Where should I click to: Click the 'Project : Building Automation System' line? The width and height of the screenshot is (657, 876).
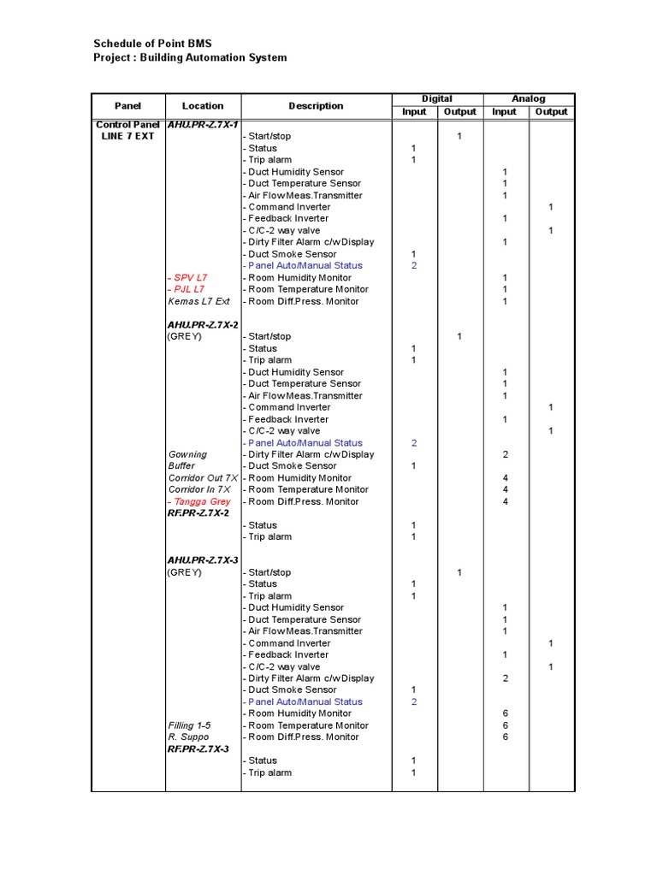coord(190,57)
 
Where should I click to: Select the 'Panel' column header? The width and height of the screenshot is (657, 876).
coord(127,106)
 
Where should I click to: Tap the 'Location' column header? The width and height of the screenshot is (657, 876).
coord(203,106)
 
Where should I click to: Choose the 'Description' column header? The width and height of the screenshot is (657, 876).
coord(316,106)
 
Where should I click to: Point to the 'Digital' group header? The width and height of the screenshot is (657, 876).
coord(437,99)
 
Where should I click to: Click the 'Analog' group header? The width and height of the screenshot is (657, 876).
coord(530,99)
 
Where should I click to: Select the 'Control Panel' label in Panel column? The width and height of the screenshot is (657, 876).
coord(127,125)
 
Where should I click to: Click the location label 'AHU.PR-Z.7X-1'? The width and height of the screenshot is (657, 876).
coord(203,125)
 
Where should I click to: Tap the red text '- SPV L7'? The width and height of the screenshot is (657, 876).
coord(187,278)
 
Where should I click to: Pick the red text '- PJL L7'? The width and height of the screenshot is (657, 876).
coord(186,289)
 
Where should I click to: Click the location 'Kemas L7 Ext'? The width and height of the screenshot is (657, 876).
coord(198,301)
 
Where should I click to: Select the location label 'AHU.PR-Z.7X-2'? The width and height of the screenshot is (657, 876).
coord(203,325)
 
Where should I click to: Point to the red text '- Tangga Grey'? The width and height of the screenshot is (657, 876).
coord(199,502)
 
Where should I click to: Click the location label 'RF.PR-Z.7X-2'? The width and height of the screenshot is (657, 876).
coord(198,513)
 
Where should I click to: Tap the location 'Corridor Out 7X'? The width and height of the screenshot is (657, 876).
coord(203,478)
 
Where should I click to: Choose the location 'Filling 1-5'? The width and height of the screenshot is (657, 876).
coord(189,725)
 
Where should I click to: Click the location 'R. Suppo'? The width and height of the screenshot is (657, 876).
coord(188,737)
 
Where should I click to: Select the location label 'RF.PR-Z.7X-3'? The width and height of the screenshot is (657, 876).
coord(198,749)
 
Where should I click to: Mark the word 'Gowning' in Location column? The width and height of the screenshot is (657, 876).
coord(187,455)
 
